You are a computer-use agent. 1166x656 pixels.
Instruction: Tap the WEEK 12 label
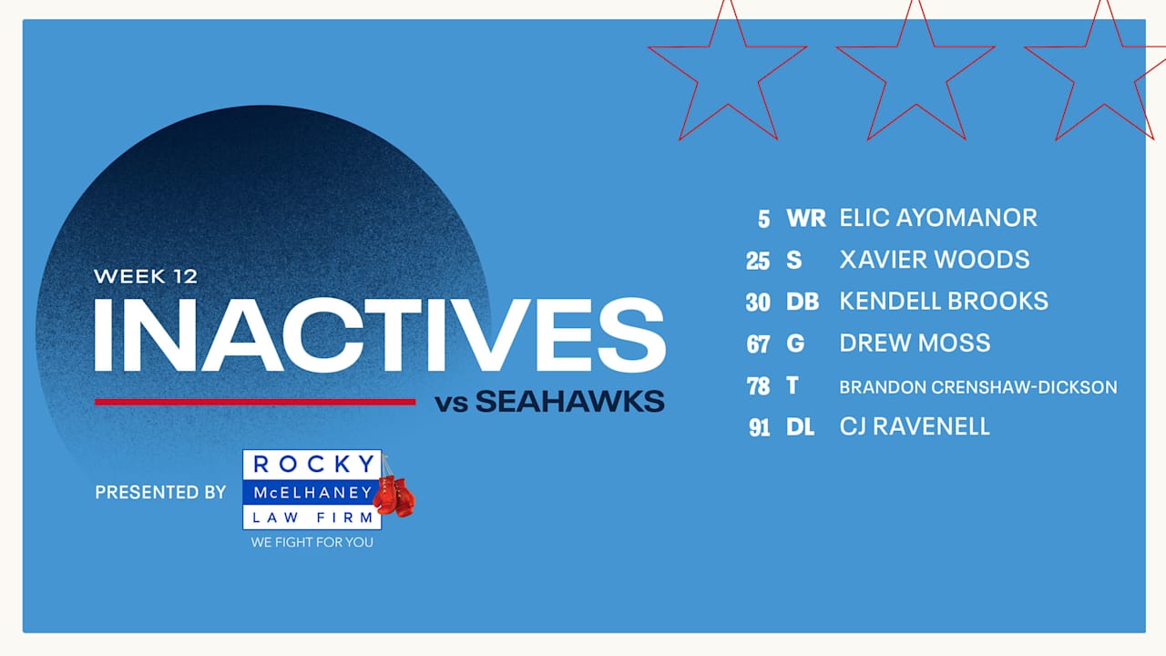tap(146, 275)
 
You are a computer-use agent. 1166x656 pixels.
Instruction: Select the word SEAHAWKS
tap(569, 402)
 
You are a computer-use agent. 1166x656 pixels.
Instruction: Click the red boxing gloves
tap(394, 495)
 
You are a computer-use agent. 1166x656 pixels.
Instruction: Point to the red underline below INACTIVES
tap(255, 402)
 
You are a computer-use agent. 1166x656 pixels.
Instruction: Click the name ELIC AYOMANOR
tap(938, 218)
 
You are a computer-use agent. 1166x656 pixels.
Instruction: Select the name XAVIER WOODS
tap(935, 260)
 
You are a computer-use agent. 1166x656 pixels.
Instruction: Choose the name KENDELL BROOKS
tap(944, 302)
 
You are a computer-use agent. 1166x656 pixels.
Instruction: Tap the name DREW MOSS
tap(915, 343)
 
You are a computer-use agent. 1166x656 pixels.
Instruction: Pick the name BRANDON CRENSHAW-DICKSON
tap(978, 387)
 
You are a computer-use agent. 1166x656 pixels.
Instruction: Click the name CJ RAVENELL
tap(915, 426)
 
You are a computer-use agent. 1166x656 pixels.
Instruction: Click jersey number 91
tap(760, 427)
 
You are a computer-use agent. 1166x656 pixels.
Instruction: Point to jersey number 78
tap(759, 386)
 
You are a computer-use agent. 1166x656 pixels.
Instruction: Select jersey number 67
tap(759, 344)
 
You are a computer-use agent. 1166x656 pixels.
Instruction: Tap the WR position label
tap(805, 219)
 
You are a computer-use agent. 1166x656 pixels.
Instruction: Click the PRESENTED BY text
tap(160, 492)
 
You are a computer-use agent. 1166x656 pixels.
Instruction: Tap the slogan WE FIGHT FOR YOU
tap(312, 542)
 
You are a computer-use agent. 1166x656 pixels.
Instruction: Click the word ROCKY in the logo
tap(312, 464)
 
